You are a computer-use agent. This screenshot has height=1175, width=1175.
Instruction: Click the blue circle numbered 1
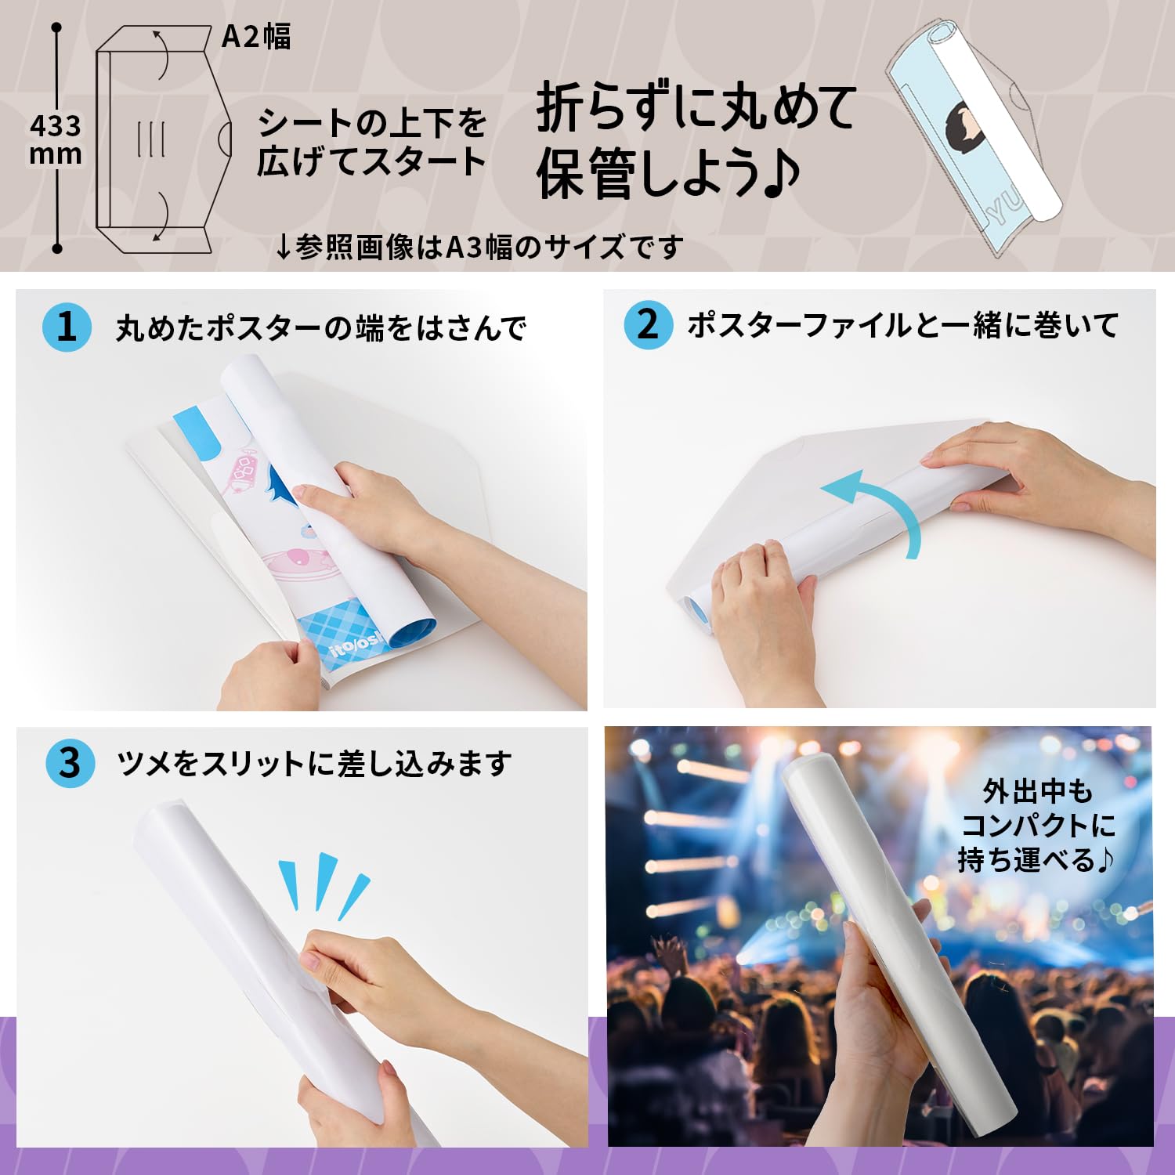click(67, 327)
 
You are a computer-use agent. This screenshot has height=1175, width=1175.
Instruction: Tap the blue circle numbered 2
click(648, 324)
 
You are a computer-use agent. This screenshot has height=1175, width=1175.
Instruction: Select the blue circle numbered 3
click(70, 763)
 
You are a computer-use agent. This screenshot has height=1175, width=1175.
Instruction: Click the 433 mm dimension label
click(55, 139)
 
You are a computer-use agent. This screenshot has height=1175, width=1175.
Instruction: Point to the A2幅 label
click(256, 37)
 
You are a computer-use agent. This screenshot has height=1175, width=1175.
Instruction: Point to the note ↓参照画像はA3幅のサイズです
click(479, 248)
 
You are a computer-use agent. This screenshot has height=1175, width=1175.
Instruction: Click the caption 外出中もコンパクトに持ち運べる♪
click(1036, 826)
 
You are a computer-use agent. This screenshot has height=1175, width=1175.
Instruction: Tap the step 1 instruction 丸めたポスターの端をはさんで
click(320, 328)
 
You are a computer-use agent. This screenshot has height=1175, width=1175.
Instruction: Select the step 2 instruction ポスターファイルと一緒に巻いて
click(902, 325)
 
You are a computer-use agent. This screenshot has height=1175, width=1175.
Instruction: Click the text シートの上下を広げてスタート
click(372, 143)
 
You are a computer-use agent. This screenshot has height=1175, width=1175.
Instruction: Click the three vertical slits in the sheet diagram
click(150, 139)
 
